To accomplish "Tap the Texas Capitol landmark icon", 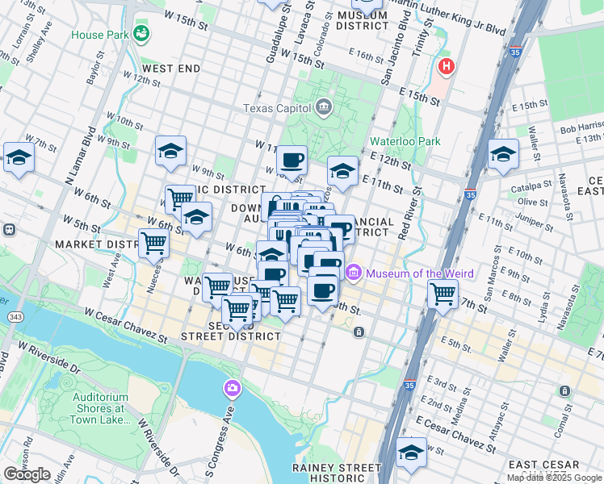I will point(323,106).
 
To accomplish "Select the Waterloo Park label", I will point(405,141).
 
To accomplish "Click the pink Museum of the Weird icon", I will point(353,274).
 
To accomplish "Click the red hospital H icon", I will point(445,66).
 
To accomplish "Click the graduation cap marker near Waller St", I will point(502,153).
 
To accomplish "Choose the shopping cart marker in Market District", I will point(153,242).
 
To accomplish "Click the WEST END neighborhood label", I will point(172,69).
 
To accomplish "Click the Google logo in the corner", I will point(27,474).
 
